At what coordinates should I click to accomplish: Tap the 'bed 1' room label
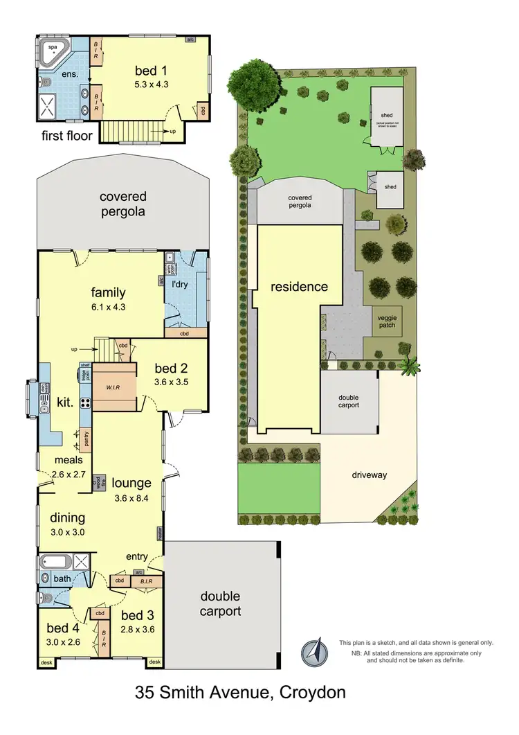tap(156, 70)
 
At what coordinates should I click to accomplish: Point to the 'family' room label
tap(107, 292)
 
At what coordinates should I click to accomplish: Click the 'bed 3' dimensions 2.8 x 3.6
tap(138, 630)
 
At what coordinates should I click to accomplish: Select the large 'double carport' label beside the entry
tap(220, 603)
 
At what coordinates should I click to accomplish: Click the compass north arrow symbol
tap(314, 651)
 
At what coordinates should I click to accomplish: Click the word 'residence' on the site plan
tap(299, 287)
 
